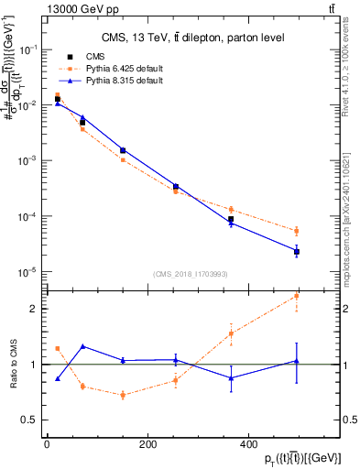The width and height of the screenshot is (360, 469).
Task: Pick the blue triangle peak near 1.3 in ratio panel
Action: click(x=82, y=346)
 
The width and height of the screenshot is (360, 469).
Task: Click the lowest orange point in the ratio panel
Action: click(x=123, y=395)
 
